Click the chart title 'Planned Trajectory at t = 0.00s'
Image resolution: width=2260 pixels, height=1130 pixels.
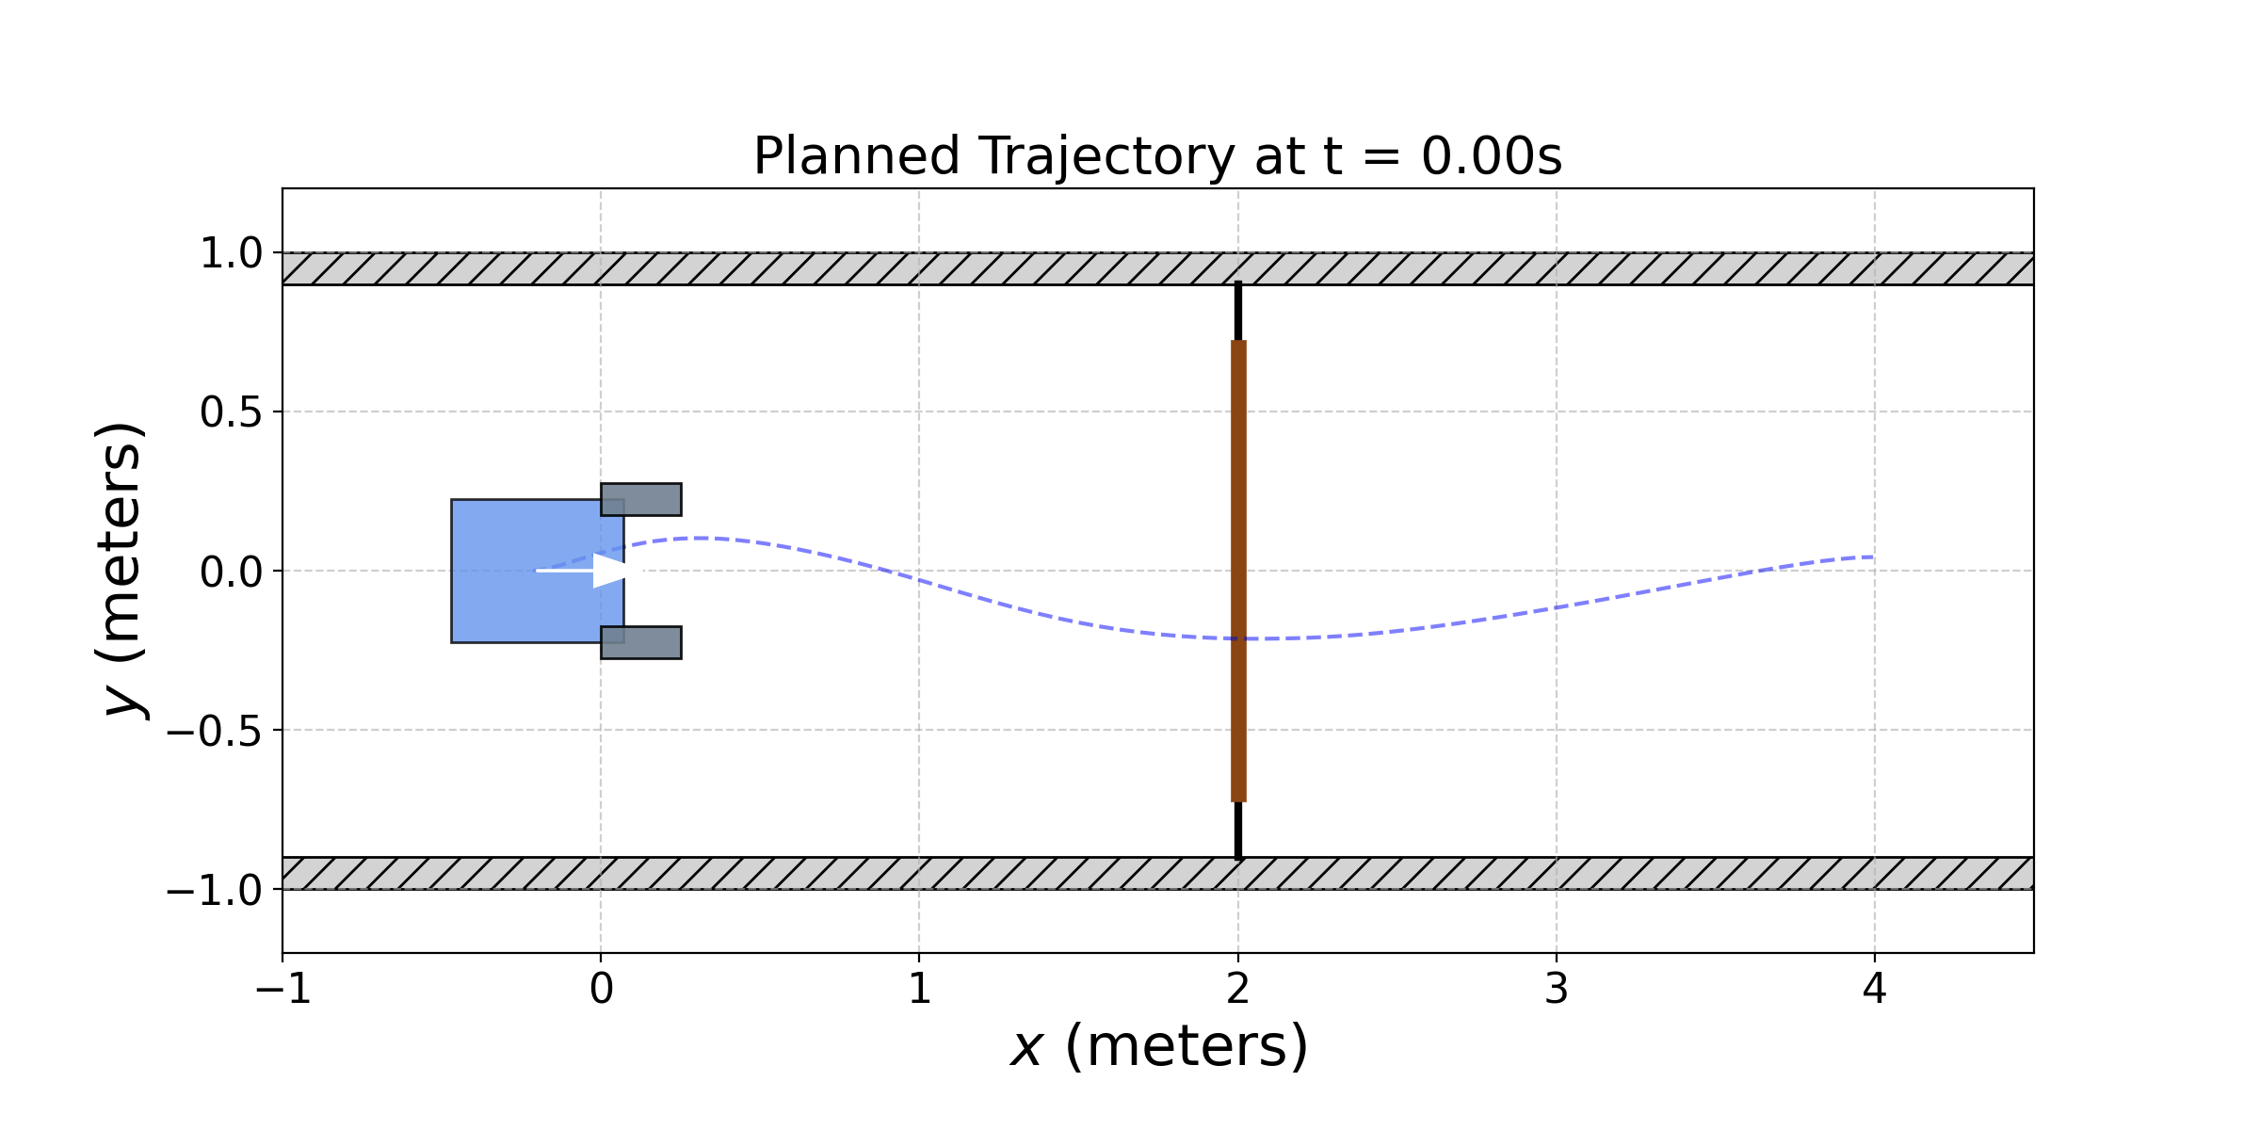[x=1157, y=156]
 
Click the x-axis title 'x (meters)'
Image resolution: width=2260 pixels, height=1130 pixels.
[x=1158, y=1046]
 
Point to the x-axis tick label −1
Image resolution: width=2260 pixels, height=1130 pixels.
[x=283, y=990]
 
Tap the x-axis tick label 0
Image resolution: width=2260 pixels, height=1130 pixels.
[x=601, y=990]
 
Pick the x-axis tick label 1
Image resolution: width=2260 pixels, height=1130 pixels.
[x=919, y=990]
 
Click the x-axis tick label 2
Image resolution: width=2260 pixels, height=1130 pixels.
[x=1238, y=990]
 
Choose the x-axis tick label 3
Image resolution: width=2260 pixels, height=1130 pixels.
[x=1557, y=990]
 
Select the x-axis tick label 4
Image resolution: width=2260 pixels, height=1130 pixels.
[x=1875, y=990]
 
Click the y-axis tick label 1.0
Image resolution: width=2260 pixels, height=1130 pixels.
[x=231, y=254]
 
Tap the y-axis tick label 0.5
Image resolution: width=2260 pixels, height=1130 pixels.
[x=231, y=412]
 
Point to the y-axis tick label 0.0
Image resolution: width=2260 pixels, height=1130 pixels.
[x=231, y=572]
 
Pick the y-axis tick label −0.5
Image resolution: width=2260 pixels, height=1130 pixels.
[x=215, y=731]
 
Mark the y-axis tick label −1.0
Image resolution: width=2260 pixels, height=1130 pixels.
[x=215, y=890]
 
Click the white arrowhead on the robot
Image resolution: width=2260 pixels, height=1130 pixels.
[x=610, y=571]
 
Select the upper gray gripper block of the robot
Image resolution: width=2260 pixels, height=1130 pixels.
[x=641, y=499]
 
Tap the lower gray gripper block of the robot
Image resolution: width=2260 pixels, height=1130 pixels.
[x=641, y=642]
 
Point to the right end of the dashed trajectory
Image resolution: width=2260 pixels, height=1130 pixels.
[x=1872, y=557]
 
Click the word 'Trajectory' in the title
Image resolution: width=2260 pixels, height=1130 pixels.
[x=1106, y=156]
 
